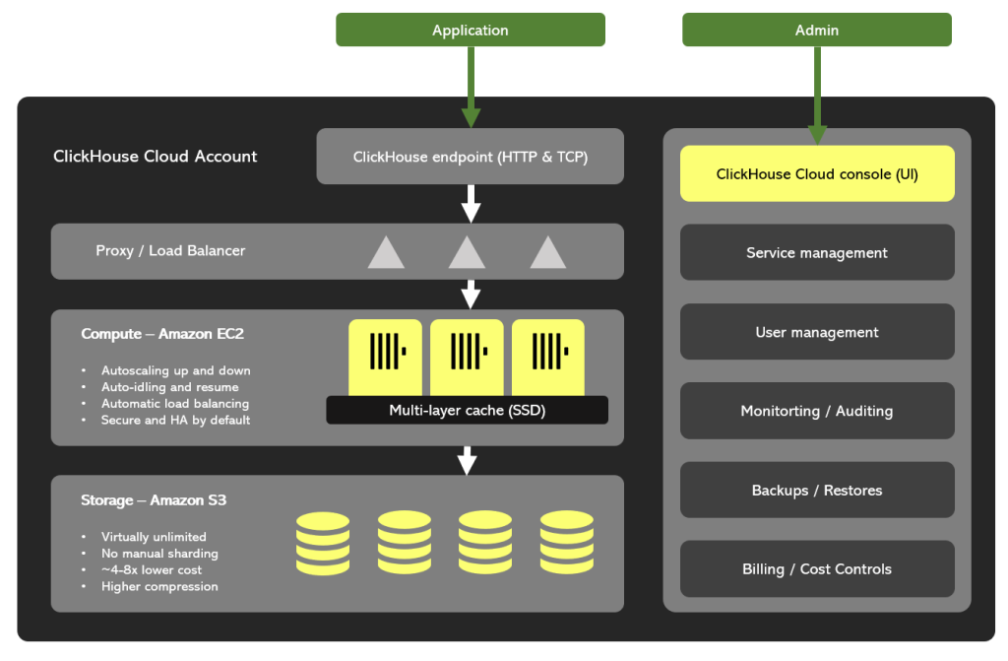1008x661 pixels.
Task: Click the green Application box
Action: (471, 31)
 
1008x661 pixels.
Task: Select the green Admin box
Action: (817, 31)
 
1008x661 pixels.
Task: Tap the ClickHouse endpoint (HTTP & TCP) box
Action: (471, 157)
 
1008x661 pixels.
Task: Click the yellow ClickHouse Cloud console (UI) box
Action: (817, 174)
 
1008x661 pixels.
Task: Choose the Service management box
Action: (817, 253)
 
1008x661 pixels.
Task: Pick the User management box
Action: (817, 332)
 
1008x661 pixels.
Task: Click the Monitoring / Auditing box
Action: (817, 411)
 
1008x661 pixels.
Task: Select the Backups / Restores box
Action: (817, 490)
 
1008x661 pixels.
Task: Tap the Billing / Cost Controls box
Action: (817, 569)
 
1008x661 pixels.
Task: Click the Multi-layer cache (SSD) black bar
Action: (467, 411)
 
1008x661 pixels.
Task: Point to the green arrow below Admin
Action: (817, 95)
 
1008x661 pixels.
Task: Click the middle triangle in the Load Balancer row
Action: (467, 253)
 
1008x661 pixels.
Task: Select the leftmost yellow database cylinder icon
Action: (323, 543)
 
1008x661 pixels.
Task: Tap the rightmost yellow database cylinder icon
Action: (566, 543)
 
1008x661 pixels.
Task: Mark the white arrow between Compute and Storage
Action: (468, 460)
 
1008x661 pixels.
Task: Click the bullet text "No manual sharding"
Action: (159, 554)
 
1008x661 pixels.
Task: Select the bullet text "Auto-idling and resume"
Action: (169, 387)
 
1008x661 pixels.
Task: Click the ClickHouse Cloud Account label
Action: (156, 157)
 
